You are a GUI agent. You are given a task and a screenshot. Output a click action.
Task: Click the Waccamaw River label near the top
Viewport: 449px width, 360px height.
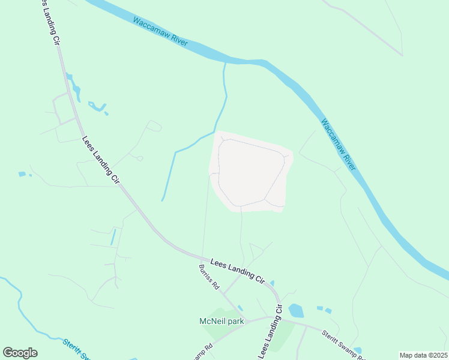(x=161, y=32)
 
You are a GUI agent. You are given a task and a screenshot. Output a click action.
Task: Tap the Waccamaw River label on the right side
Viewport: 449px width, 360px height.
(x=339, y=145)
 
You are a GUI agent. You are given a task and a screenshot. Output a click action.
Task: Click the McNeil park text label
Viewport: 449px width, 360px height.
(x=221, y=321)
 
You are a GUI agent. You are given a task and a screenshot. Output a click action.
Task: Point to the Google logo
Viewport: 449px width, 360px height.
(x=20, y=353)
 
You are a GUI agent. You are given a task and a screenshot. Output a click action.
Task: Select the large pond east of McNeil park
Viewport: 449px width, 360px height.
(x=296, y=311)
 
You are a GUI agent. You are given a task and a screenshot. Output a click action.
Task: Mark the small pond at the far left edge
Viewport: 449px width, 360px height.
(x=22, y=174)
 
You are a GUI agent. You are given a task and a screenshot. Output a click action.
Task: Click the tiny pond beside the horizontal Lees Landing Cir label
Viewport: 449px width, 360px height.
(x=272, y=283)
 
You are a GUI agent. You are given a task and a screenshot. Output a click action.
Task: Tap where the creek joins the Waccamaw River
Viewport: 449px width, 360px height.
(x=226, y=62)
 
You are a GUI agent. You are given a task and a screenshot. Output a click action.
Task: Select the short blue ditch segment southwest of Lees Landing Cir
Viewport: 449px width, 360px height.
(x=113, y=237)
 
